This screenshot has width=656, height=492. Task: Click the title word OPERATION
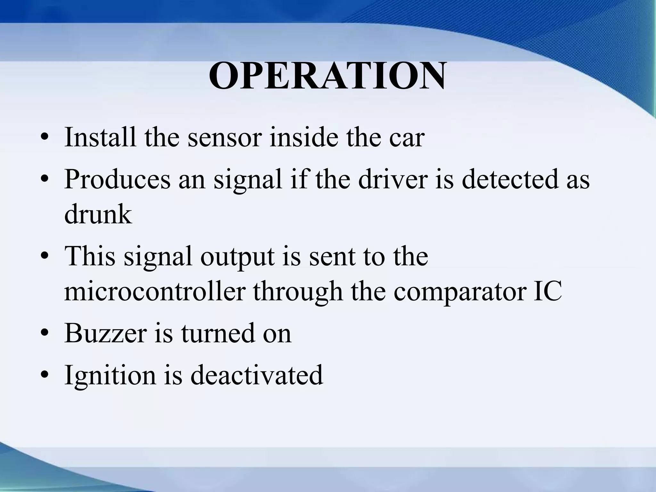[x=327, y=76]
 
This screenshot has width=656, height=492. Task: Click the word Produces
[x=117, y=179]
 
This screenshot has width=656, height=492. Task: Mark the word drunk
[x=98, y=214]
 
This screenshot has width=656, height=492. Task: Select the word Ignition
[x=110, y=375]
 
